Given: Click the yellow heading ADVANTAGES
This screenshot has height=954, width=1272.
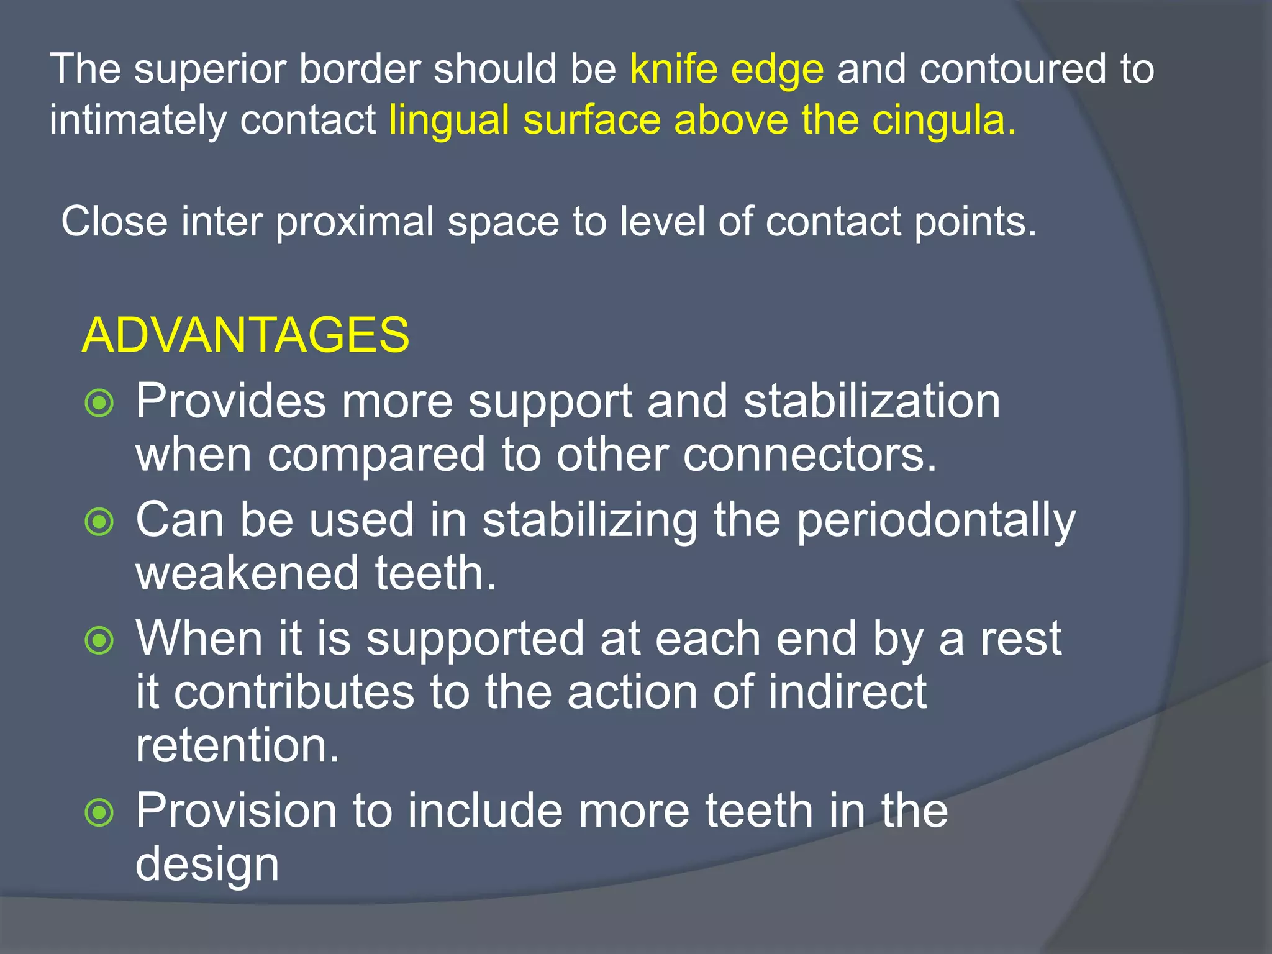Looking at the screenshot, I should click(245, 335).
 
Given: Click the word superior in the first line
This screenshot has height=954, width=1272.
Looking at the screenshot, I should click(209, 70).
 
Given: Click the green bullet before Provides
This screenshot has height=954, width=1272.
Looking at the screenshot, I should click(99, 403).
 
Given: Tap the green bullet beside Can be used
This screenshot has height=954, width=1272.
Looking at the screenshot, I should click(99, 522).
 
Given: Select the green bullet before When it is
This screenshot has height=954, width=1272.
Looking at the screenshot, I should click(99, 640).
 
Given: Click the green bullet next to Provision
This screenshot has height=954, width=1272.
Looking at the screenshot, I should click(99, 812).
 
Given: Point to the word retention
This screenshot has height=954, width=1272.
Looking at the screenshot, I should click(237, 745).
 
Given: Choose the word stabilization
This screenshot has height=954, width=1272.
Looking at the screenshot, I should click(872, 401).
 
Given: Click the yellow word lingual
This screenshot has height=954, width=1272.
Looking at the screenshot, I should click(449, 120).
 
